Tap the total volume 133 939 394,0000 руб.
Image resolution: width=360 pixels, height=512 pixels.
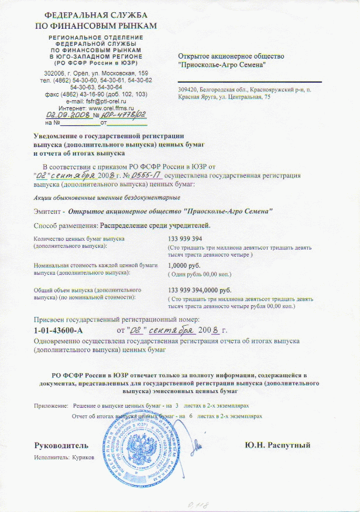[199, 291]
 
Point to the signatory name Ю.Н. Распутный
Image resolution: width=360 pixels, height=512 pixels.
[277, 445]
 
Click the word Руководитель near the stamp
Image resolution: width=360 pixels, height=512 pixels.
[61, 445]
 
